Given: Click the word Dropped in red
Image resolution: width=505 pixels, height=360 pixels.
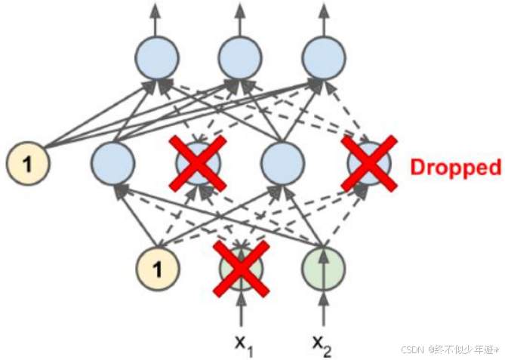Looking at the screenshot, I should click(455, 167).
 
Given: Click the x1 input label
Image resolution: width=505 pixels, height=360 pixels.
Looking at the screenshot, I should click(242, 344).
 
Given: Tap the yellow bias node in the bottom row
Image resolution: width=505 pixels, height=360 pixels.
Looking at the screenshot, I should click(159, 267).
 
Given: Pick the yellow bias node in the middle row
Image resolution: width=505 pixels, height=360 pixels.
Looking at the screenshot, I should click(26, 161).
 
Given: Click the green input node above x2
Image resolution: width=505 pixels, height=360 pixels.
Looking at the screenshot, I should click(325, 268).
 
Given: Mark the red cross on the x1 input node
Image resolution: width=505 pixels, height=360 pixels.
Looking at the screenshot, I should click(242, 267).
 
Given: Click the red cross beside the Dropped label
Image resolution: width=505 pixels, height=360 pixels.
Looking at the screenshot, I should click(368, 162).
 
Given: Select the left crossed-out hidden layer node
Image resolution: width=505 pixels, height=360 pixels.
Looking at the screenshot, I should click(197, 162).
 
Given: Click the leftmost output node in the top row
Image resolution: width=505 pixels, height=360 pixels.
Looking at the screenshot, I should click(157, 57).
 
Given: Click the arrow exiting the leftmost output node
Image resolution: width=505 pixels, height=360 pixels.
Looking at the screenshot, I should click(157, 18).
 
